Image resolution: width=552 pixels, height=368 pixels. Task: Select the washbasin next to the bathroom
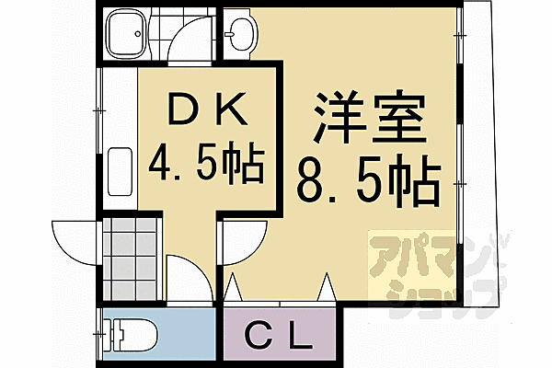click(243, 34)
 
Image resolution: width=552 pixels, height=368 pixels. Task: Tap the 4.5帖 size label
click(206, 165)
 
